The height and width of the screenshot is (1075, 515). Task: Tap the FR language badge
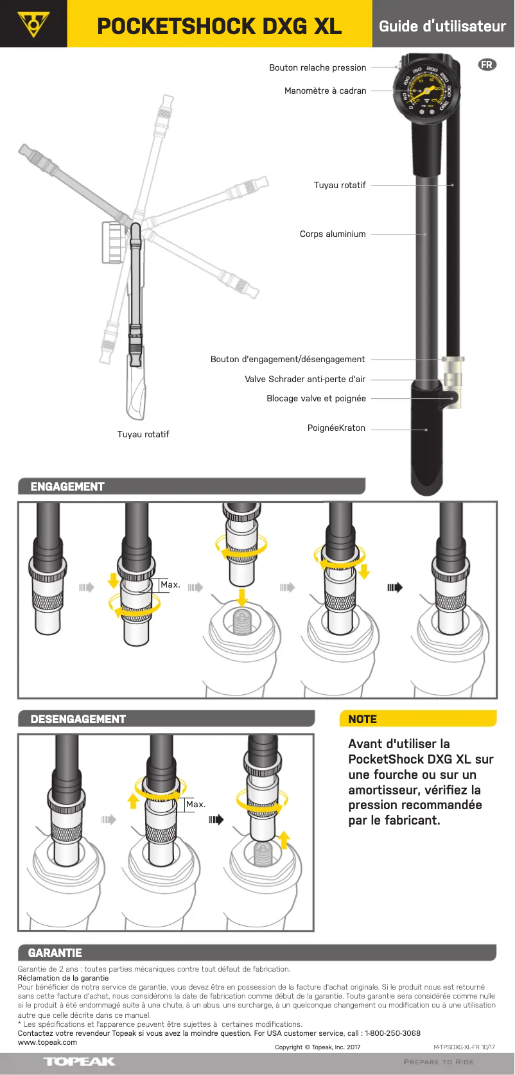[x=487, y=65]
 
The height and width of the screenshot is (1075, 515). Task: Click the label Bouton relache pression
[x=317, y=67]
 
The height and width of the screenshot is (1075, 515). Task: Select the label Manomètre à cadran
[x=325, y=91]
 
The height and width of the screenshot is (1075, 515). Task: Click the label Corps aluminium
[x=333, y=234]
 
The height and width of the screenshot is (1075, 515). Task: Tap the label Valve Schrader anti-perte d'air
[x=304, y=380]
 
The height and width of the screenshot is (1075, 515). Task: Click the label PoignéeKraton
[x=336, y=428]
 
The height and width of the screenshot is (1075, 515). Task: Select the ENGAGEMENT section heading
[x=67, y=487]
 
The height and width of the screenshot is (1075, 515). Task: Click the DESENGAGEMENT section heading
[x=78, y=719]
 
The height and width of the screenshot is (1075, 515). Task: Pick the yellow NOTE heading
[x=362, y=719]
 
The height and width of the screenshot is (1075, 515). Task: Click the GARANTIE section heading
[x=55, y=953]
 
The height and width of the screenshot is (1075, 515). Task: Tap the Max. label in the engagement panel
[x=170, y=585]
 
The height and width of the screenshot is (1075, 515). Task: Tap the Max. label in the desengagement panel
[x=196, y=805]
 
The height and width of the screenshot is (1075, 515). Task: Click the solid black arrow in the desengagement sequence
[x=216, y=820]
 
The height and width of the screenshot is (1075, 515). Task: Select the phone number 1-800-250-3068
[x=392, y=1033]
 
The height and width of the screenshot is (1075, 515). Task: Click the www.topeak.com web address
[x=47, y=1042]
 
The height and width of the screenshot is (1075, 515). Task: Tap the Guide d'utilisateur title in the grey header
[x=442, y=26]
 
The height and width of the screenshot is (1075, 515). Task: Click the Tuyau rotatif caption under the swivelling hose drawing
[x=143, y=435]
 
